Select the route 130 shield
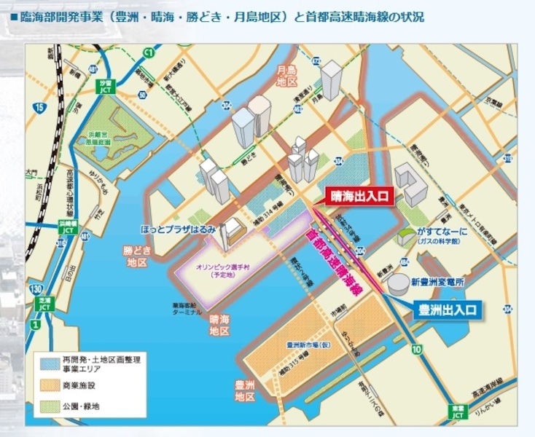[x=36, y=291]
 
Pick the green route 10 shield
[x=416, y=351]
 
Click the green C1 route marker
[x=148, y=52]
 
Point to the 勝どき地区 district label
[x=137, y=256]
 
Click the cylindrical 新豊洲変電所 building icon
[x=398, y=281]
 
